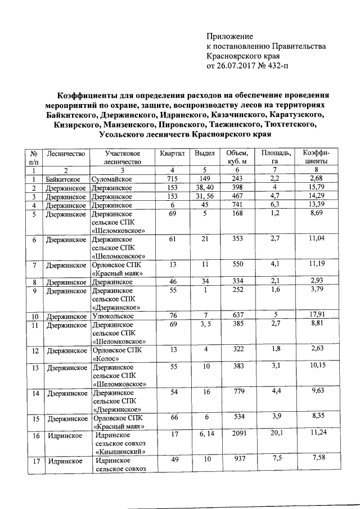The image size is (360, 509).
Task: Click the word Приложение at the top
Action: coord(230,35)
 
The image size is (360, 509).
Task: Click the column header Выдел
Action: coord(205,153)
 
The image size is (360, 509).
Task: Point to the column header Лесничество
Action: coord(66,153)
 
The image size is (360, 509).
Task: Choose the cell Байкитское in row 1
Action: coord(64,179)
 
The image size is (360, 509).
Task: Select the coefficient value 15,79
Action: coord(316,187)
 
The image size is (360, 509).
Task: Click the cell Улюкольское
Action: coord(112,317)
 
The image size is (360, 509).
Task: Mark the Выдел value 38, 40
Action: coord(205,187)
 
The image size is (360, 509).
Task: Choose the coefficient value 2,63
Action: coord(316,349)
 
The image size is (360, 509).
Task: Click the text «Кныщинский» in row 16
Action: coord(121,451)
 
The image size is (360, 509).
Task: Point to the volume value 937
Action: coord(236,459)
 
